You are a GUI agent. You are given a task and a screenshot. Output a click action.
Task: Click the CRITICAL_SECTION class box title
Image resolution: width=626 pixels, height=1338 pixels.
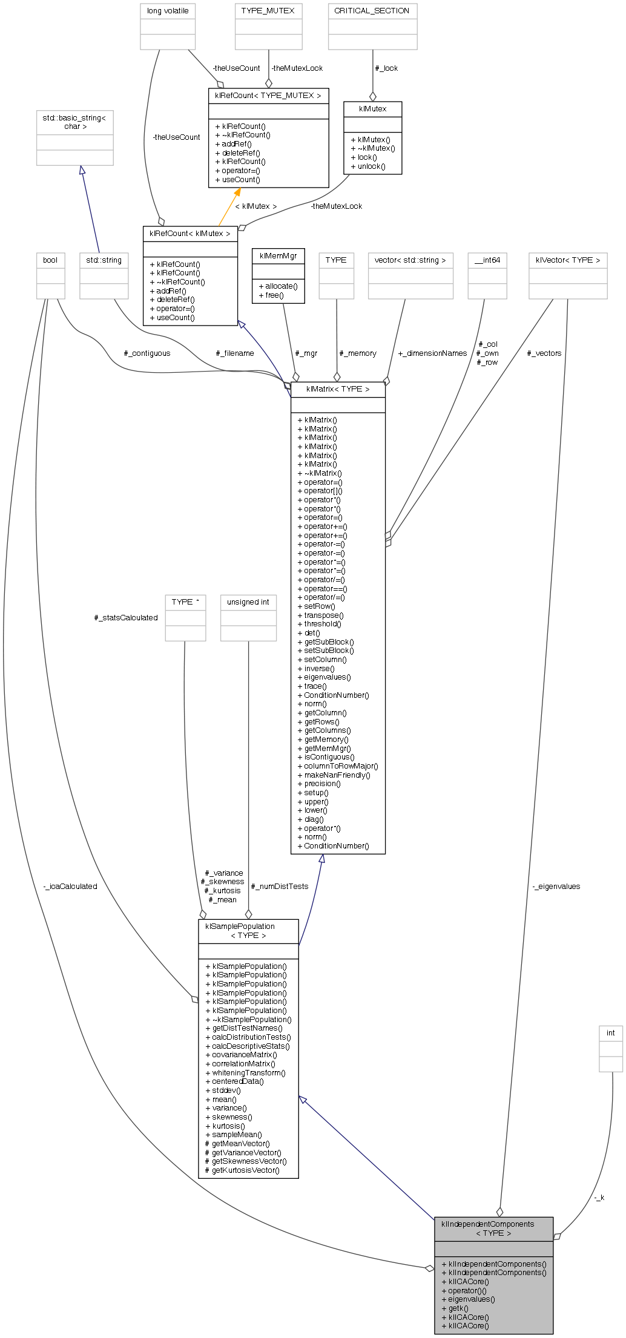372,11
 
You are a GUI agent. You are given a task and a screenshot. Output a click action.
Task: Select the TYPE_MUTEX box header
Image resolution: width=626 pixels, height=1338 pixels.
268,11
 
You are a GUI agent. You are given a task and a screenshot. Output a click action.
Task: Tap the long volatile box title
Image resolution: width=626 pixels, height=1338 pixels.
168,11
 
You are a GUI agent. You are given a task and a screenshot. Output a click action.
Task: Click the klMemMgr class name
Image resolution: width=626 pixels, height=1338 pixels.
278,256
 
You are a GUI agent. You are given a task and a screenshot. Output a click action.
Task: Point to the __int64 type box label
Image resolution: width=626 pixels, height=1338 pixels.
487,260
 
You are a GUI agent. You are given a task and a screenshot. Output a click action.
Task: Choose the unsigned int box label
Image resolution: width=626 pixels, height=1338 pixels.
248,602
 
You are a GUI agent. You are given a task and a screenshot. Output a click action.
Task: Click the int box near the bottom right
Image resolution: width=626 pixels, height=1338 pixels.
610,1033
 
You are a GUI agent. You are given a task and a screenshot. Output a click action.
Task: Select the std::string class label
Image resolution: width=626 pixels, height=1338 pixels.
104,260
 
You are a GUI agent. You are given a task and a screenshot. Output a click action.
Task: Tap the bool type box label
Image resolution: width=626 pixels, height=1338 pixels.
50,260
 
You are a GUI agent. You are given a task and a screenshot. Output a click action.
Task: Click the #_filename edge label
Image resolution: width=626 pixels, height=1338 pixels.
235,353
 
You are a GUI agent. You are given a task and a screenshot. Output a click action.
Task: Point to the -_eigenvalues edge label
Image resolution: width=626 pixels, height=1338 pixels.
556,887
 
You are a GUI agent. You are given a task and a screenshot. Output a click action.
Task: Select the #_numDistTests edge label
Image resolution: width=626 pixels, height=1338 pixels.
279,887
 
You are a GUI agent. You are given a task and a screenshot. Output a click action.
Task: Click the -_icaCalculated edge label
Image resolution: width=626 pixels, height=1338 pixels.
70,887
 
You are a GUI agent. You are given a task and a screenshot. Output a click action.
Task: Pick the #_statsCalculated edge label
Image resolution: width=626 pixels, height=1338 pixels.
126,618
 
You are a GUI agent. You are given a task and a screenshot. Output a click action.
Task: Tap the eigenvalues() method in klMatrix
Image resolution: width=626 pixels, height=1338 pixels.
327,677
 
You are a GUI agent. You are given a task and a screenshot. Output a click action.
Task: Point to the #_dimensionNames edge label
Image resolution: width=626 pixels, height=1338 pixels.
432,353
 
